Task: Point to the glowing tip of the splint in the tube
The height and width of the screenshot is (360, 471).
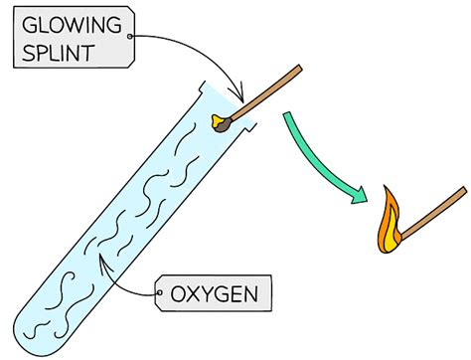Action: click(220, 122)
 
